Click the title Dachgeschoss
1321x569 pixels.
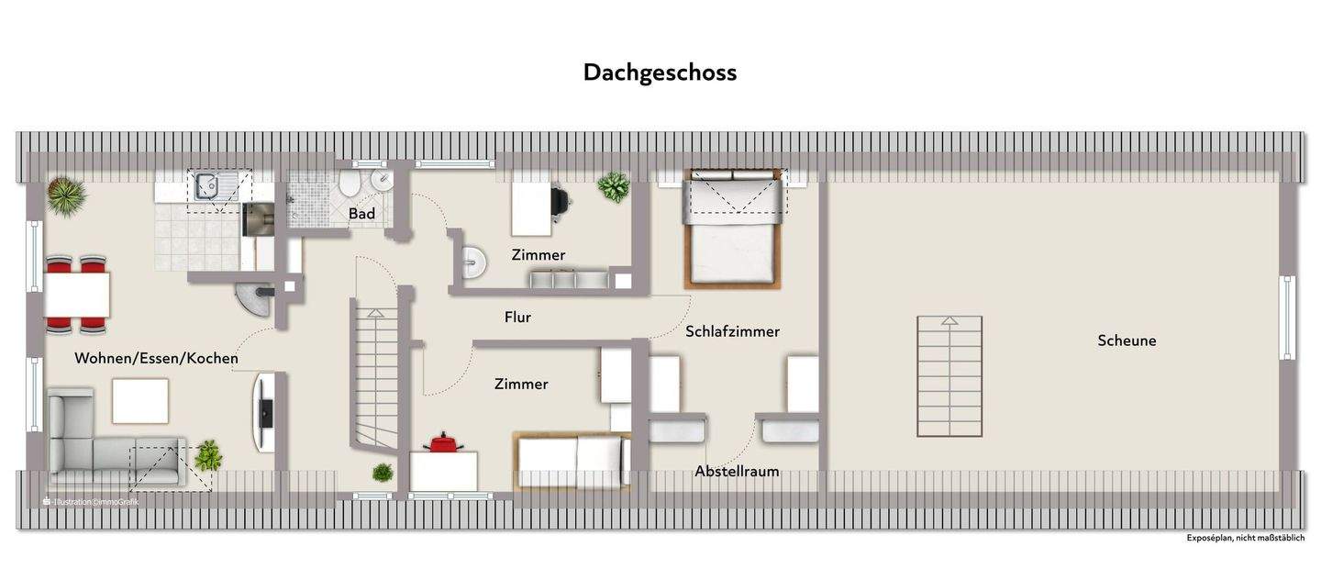tap(660, 73)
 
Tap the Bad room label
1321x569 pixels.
tap(361, 214)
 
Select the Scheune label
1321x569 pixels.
tap(1127, 340)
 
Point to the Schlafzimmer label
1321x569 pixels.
tap(732, 331)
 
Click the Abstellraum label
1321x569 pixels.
tap(737, 472)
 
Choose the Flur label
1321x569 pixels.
tap(517, 318)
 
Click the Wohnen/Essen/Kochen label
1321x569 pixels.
tap(156, 358)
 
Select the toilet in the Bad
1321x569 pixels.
tap(349, 186)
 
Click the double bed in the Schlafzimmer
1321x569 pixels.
tap(733, 229)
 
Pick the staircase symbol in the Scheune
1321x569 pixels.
tap(949, 376)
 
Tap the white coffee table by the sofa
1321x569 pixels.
tap(140, 401)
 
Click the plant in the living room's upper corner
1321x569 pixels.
tap(66, 195)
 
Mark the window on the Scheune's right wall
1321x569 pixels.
tap(1287, 318)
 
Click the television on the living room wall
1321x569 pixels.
tap(264, 411)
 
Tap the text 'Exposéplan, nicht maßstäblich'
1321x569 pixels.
tap(1245, 538)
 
